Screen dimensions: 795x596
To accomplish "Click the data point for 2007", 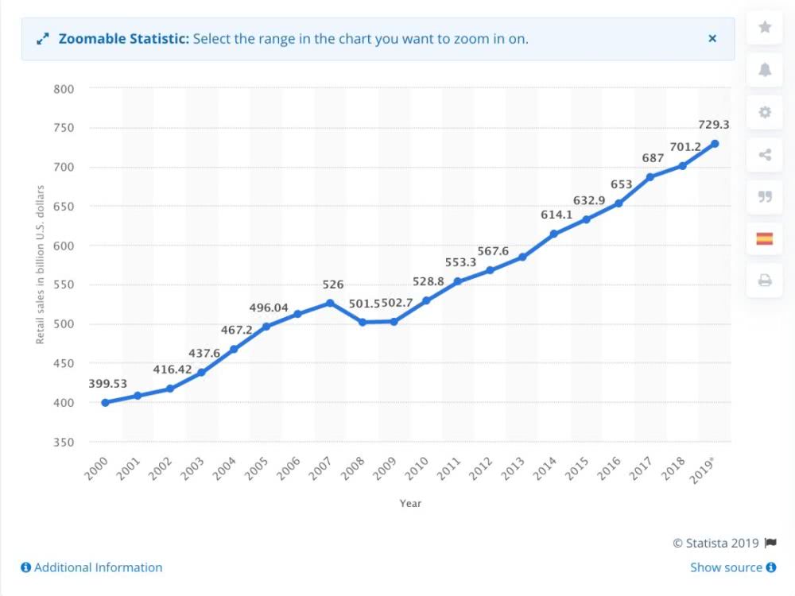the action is [x=330, y=303].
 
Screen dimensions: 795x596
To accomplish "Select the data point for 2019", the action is [x=715, y=144].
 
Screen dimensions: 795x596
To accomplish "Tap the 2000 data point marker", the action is [x=106, y=402].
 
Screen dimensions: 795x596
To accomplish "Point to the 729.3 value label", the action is [x=713, y=125].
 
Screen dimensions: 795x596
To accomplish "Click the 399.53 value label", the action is [x=107, y=384].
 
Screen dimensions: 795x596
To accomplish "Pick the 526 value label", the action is [x=333, y=284].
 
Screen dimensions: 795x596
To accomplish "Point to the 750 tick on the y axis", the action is [x=64, y=128].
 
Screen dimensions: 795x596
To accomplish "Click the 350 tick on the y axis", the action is [x=64, y=443].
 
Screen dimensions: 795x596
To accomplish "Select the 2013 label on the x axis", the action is [x=513, y=468].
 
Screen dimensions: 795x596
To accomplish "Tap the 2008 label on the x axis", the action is [x=352, y=468].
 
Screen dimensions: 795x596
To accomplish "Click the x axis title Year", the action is [x=410, y=503].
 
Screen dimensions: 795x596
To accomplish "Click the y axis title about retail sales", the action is [x=40, y=265].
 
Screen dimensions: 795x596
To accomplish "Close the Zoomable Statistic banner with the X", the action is [x=712, y=38].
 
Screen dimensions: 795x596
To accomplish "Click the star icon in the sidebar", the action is [x=765, y=27].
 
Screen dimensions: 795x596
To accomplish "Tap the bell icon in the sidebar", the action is [x=765, y=69].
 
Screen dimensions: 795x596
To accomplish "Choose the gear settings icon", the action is [x=765, y=112].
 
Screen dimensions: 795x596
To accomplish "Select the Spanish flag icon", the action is [x=765, y=238].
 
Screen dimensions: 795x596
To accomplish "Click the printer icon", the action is [x=765, y=281].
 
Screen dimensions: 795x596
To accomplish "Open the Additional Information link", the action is [x=91, y=567].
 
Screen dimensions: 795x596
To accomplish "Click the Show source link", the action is [x=733, y=567].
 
